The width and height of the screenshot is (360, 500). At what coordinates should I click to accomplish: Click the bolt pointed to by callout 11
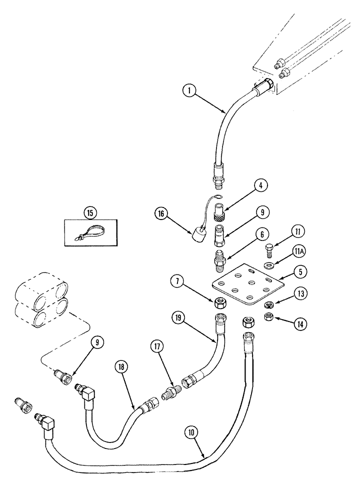tap(268, 248)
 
